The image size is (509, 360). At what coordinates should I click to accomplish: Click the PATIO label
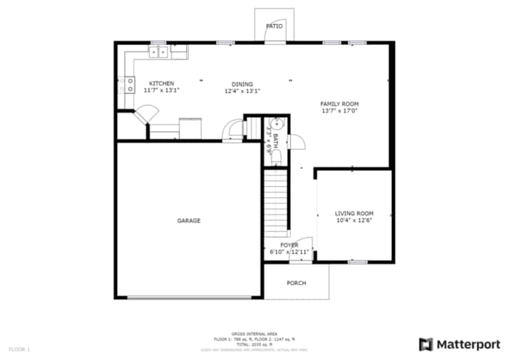[274, 26]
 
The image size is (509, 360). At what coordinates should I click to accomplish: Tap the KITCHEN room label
[161, 84]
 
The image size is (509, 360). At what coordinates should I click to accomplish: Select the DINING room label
[242, 84]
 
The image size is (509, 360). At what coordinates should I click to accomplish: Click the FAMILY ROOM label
[340, 104]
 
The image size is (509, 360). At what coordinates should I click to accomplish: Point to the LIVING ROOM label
[354, 213]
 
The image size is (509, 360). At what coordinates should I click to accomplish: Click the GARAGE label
[188, 220]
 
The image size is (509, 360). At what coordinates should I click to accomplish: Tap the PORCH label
[296, 283]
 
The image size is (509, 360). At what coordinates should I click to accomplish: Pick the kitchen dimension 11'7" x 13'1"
[161, 91]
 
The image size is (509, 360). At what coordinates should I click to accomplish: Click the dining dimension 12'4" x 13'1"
[242, 91]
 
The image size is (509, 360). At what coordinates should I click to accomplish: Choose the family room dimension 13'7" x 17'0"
[340, 111]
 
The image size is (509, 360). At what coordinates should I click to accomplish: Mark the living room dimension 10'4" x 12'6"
[354, 220]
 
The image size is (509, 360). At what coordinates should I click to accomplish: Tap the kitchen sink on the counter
[159, 52]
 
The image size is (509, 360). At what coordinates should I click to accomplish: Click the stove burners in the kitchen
[130, 84]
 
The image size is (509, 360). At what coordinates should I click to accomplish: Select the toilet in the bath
[277, 124]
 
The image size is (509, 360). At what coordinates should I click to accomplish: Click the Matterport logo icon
[425, 343]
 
